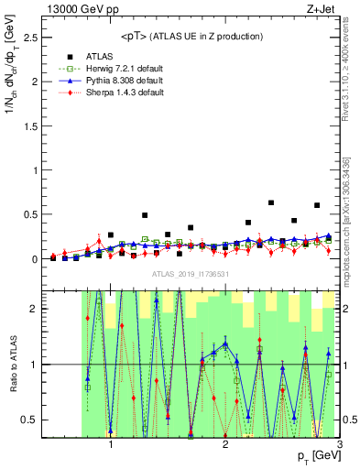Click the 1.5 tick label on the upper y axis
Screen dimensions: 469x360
[31, 125]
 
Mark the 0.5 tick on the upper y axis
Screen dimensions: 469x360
[31, 214]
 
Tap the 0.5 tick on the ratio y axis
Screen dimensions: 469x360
[31, 420]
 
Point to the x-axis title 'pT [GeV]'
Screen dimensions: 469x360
[317, 455]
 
